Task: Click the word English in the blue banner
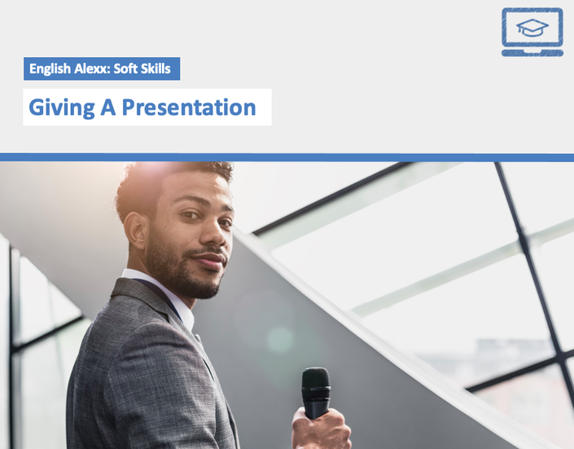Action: (x=50, y=69)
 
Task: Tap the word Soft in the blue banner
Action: (x=125, y=68)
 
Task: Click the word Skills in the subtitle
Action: (x=156, y=68)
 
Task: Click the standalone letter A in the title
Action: (x=107, y=107)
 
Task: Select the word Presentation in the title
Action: (x=189, y=107)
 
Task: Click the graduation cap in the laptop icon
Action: (x=532, y=28)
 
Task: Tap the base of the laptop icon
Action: (x=532, y=53)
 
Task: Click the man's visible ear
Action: (x=134, y=231)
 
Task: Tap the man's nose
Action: (x=214, y=234)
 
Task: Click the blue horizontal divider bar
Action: (x=287, y=157)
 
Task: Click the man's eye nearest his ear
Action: (x=191, y=215)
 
